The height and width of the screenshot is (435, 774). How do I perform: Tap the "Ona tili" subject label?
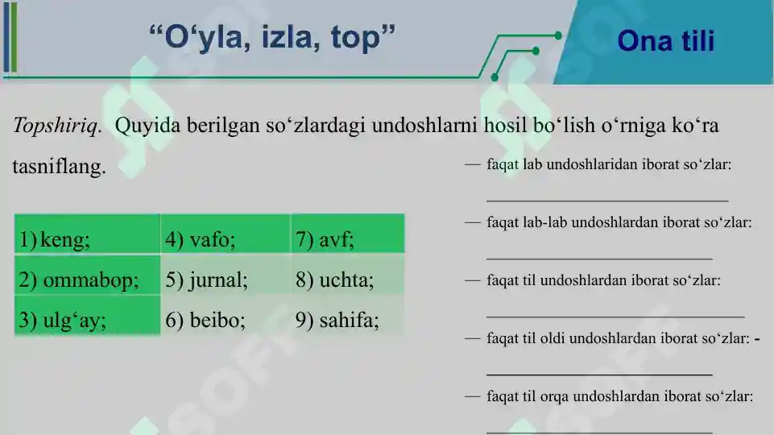(665, 41)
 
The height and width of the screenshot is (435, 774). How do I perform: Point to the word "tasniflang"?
(59, 168)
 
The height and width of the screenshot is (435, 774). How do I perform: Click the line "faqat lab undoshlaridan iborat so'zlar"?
(609, 164)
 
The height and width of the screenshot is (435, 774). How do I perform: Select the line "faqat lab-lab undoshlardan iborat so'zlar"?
(619, 222)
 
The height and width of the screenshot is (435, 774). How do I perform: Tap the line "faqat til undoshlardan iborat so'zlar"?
(603, 280)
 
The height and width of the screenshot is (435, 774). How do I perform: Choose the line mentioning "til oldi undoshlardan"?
(619, 338)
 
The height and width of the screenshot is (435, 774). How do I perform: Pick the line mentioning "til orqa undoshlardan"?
(619, 396)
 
